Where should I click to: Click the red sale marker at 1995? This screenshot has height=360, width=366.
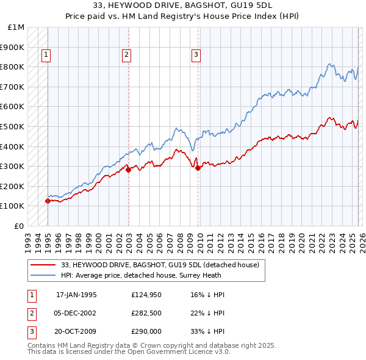point(48,201)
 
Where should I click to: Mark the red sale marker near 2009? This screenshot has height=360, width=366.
point(198,168)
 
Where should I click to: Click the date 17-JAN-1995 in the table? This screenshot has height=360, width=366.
point(76,295)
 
